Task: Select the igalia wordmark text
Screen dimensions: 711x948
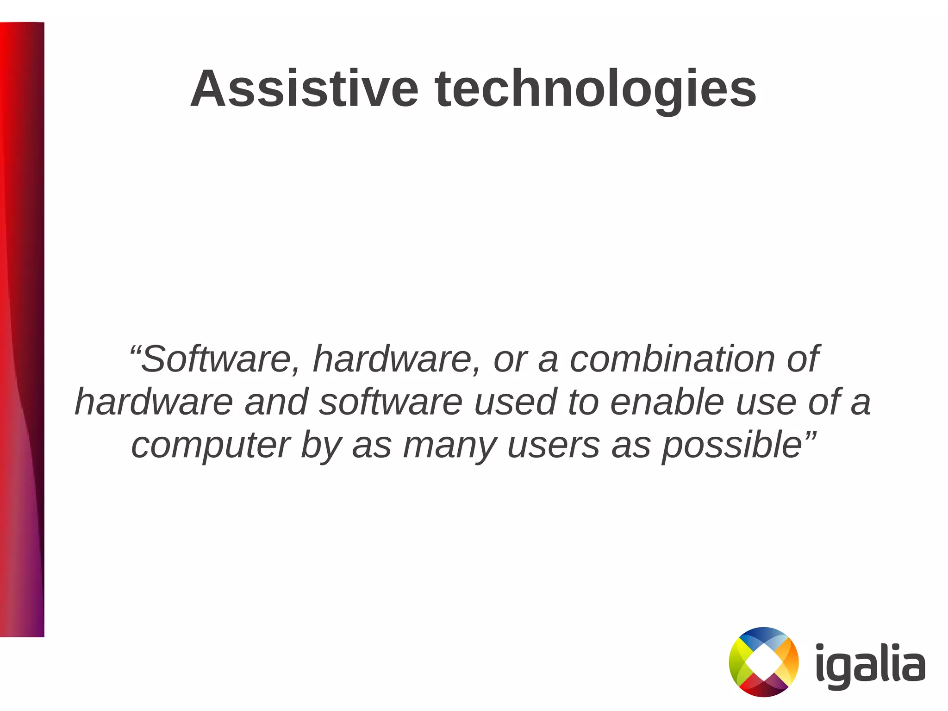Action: [x=870, y=664]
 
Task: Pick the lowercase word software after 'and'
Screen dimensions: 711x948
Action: [x=391, y=402]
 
